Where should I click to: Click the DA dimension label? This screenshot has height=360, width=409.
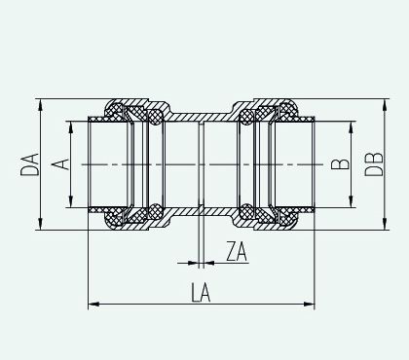click(x=29, y=164)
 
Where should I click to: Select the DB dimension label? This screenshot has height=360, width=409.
click(x=374, y=164)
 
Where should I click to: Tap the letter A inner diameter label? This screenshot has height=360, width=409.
click(x=60, y=164)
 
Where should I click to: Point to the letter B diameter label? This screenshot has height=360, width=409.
click(x=340, y=164)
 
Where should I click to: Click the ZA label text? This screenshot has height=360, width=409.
click(x=237, y=251)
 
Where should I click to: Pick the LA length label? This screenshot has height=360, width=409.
click(x=201, y=292)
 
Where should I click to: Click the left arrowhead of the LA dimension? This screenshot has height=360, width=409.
click(x=93, y=305)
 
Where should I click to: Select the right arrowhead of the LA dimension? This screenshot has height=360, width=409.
click(x=309, y=305)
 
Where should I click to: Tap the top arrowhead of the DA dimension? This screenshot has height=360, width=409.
click(x=40, y=105)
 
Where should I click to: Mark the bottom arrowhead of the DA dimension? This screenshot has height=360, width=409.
click(x=40, y=224)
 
